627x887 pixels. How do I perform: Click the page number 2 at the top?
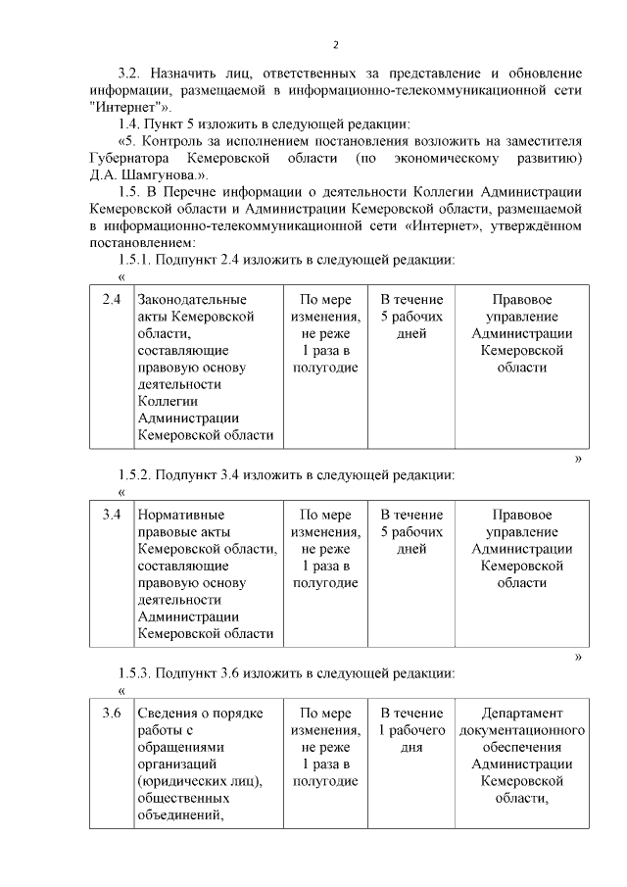[x=335, y=44]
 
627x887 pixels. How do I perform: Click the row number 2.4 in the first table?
[x=112, y=299]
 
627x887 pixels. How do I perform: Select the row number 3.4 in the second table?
[x=112, y=515]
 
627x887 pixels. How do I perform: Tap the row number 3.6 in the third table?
[x=112, y=713]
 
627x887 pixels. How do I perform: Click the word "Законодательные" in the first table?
[x=192, y=299]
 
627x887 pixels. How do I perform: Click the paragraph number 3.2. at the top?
[x=131, y=73]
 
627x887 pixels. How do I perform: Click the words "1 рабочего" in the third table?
[x=411, y=730]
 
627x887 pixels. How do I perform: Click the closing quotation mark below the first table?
[x=578, y=458]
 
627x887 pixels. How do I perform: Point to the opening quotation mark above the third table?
[x=121, y=692]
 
